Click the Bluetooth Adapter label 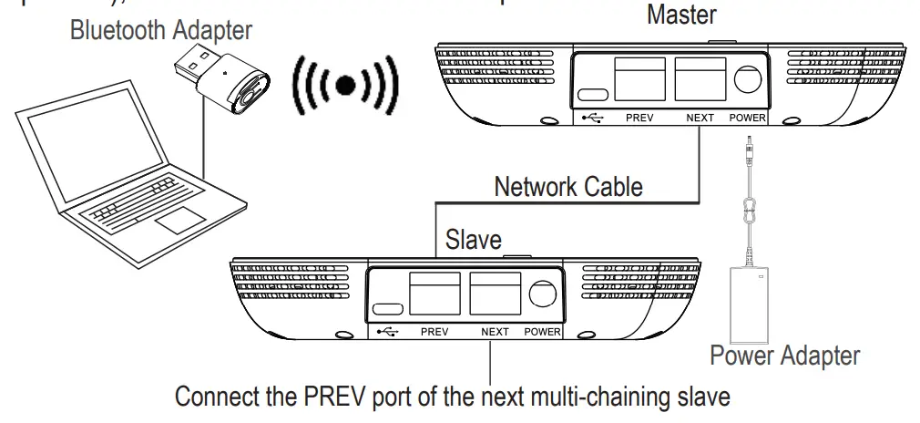click(161, 30)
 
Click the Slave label click(473, 241)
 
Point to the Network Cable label click(568, 187)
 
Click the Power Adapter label click(784, 355)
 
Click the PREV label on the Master click(639, 119)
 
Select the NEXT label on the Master click(700, 119)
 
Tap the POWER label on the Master click(748, 119)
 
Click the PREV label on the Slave click(434, 332)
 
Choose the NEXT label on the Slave click(495, 332)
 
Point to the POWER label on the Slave click(542, 332)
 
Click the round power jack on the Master click(747, 78)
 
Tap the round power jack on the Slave click(542, 293)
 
